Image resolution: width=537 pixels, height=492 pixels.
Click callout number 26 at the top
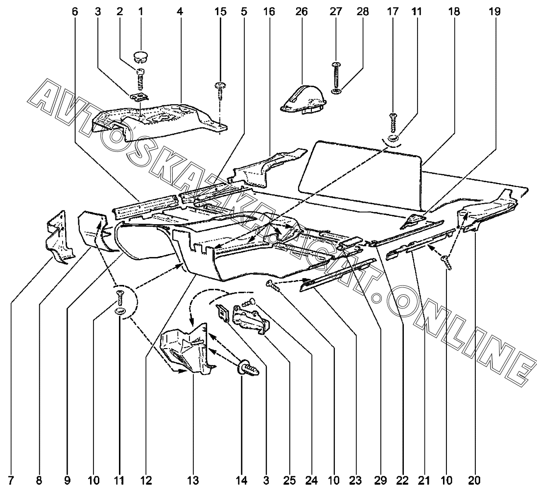pyautogui.click(x=302, y=12)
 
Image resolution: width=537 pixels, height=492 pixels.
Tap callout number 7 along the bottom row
pyautogui.click(x=10, y=481)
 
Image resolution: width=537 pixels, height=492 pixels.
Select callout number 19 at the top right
pyautogui.click(x=494, y=12)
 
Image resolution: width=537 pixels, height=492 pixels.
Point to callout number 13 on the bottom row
pyautogui.click(x=193, y=481)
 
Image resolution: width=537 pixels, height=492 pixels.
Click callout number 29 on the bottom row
pyautogui.click(x=380, y=481)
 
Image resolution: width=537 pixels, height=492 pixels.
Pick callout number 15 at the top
pyautogui.click(x=221, y=12)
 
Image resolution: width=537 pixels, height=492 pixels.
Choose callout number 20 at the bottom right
pyautogui.click(x=474, y=481)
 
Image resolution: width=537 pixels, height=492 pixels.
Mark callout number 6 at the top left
pyautogui.click(x=75, y=12)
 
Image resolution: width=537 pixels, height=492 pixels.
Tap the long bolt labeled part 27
pyautogui.click(x=336, y=75)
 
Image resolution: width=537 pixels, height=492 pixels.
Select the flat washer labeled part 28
pyautogui.click(x=336, y=92)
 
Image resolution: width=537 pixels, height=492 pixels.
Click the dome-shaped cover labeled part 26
pyautogui.click(x=304, y=99)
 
